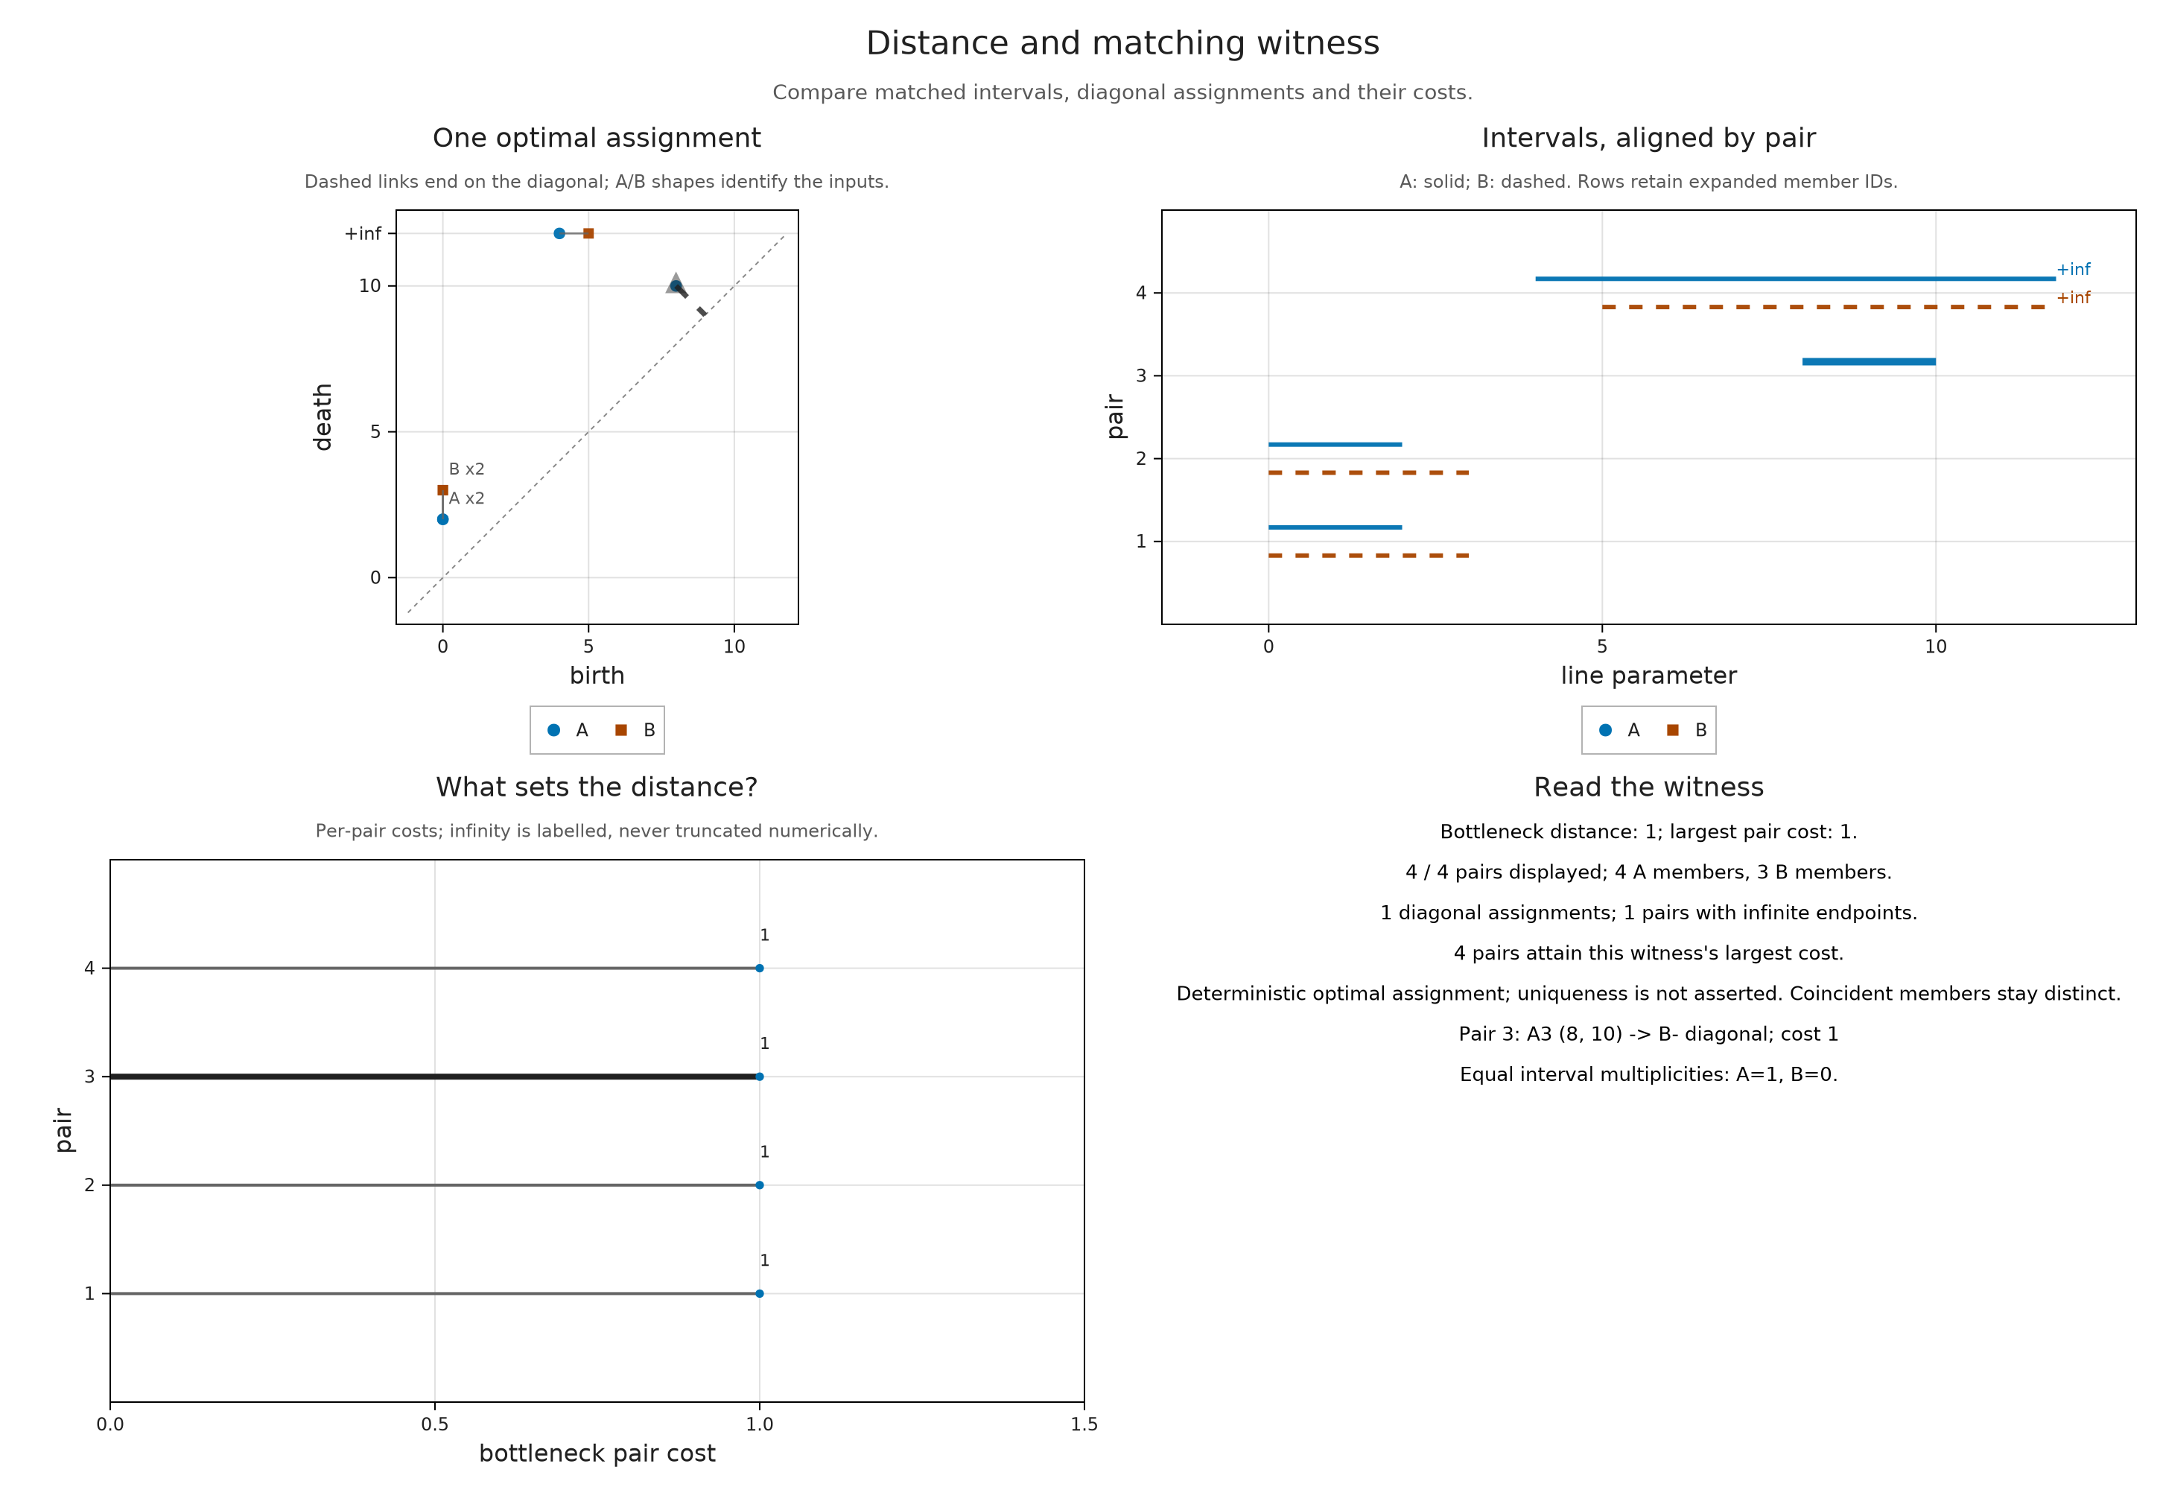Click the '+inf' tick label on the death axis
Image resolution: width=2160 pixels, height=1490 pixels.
pos(363,233)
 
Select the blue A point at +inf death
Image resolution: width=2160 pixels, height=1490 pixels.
pos(559,233)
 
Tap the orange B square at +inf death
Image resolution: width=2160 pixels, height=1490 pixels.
pos(588,233)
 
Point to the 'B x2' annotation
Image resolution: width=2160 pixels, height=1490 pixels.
pos(467,469)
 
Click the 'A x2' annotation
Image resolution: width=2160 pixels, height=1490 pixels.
pos(467,498)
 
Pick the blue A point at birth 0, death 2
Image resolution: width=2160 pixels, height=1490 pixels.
pos(442,519)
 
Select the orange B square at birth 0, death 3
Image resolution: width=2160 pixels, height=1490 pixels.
pos(442,490)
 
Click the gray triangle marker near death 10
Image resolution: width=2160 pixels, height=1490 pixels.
pos(675,283)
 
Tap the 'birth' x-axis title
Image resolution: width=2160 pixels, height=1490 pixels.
pos(597,675)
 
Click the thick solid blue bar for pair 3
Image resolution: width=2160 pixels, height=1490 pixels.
pos(1869,361)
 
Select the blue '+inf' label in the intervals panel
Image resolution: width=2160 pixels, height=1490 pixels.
pos(2073,269)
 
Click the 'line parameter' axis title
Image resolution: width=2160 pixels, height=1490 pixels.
pos(1648,675)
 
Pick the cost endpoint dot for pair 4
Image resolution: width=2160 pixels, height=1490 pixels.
pos(760,968)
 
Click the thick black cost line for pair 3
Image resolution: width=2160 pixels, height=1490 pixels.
pos(434,1077)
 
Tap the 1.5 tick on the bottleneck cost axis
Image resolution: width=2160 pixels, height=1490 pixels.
pos(1084,1424)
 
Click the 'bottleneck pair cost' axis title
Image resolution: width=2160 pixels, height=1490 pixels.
pos(597,1453)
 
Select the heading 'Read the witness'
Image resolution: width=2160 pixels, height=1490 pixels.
pos(1648,787)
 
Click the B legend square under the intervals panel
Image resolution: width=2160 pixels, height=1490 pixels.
pos(1673,730)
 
